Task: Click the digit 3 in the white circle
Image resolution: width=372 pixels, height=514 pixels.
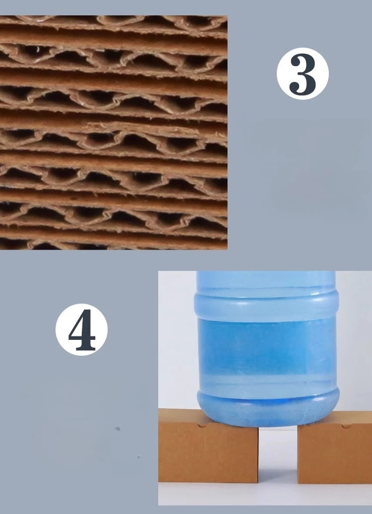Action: [302, 74]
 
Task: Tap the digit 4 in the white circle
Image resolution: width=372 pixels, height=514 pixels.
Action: [81, 329]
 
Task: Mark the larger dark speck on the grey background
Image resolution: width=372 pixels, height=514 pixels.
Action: [118, 429]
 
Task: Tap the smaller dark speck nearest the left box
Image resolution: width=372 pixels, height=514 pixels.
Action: [138, 457]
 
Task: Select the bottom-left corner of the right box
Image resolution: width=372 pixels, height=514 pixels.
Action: [298, 482]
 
